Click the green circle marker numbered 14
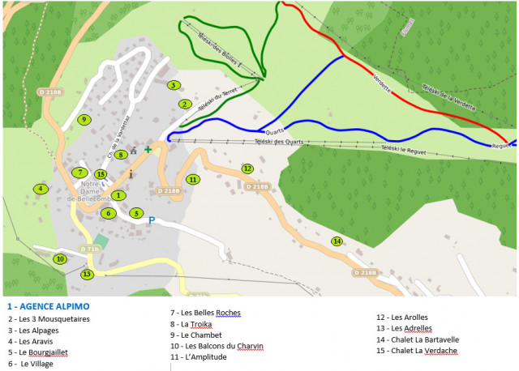[x=337, y=241]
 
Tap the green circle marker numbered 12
[x=247, y=168]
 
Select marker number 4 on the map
[x=40, y=189]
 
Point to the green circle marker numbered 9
[x=83, y=120]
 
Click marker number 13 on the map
[x=87, y=275]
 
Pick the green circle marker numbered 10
[x=59, y=259]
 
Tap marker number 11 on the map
[x=192, y=179]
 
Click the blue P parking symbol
[x=151, y=219]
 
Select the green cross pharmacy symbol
[x=148, y=149]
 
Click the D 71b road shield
[x=89, y=249]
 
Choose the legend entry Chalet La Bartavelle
[x=418, y=340]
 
